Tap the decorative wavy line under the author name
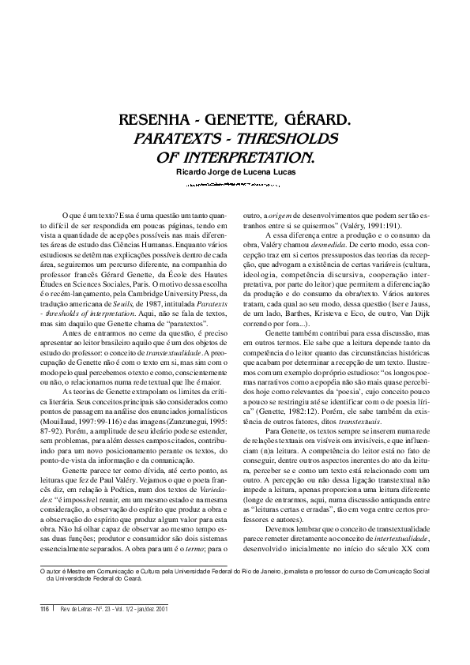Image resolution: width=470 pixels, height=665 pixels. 235,186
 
